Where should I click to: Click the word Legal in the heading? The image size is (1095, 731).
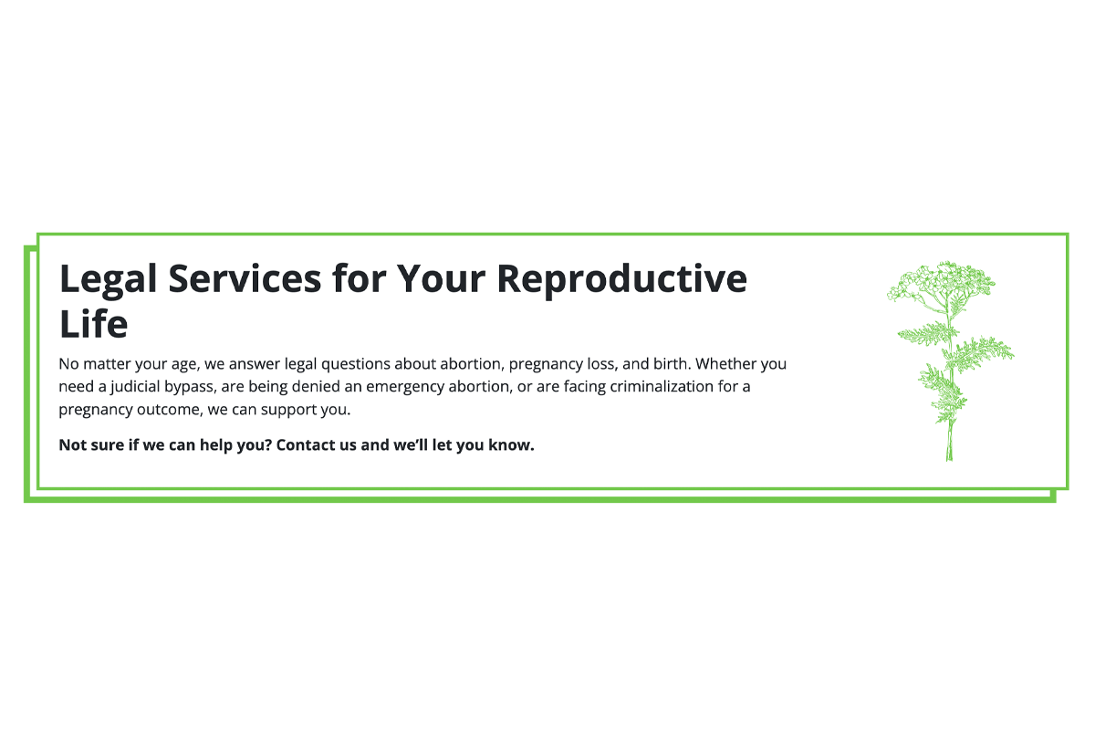tap(108, 279)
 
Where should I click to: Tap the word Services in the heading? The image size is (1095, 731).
tap(245, 278)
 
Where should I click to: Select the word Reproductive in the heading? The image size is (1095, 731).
tap(621, 279)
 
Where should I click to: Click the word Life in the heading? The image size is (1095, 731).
tap(93, 323)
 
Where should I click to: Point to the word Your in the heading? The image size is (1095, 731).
tap(441, 278)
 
